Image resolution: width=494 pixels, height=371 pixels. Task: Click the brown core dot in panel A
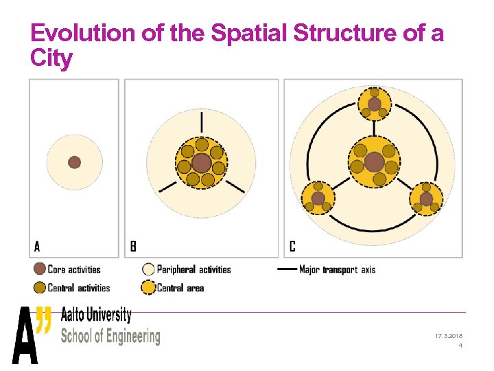coord(74,162)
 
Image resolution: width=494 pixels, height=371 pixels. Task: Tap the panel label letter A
coord(37,246)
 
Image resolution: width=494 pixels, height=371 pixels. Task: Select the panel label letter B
coord(133,246)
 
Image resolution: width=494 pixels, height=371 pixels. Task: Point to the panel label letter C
coord(292,246)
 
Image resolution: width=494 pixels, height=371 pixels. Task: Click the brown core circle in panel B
coord(201,163)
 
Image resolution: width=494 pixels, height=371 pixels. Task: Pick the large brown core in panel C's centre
coord(374,162)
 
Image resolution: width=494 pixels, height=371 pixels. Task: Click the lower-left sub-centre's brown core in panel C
coord(318,199)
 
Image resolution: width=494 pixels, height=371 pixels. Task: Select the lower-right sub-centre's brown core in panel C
coord(426,199)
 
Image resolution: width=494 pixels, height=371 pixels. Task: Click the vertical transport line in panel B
coord(202,122)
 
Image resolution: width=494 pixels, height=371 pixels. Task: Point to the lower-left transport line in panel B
coord(167,186)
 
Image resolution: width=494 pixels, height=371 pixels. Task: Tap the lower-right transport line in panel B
coord(235,186)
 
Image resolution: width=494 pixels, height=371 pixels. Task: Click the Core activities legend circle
coord(40,269)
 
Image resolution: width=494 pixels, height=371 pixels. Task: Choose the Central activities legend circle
coord(40,287)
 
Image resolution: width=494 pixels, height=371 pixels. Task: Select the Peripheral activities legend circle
coord(148,269)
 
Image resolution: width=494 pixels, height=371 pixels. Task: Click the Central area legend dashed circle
coord(148,287)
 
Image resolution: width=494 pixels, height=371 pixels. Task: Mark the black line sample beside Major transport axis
coord(286,269)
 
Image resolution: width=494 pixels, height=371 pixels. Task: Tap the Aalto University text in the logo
coord(96,315)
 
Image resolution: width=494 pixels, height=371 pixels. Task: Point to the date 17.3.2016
coord(449,336)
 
